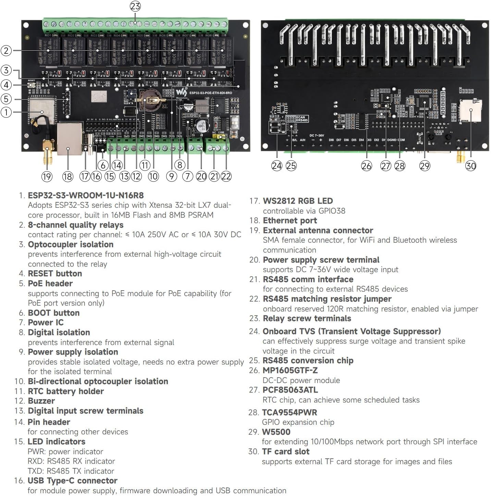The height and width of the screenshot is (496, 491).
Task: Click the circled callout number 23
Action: click(135, 6)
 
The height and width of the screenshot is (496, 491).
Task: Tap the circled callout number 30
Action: click(470, 166)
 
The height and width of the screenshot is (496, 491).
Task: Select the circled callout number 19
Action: click(47, 177)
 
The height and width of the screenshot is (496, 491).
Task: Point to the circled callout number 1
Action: click(6, 112)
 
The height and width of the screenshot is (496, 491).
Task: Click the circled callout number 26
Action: click(366, 166)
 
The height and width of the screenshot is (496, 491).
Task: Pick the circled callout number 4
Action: click(6, 85)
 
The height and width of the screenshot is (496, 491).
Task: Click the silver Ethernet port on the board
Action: click(70, 138)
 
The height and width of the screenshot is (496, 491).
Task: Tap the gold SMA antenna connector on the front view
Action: click(47, 151)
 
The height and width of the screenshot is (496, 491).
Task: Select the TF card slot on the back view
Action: click(470, 110)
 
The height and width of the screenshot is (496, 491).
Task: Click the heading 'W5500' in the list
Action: click(276, 432)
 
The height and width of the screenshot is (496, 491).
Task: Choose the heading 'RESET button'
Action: click(55, 274)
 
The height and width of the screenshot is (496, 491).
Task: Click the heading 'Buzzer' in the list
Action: click(41, 401)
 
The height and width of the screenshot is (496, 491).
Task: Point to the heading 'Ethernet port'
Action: click(290, 220)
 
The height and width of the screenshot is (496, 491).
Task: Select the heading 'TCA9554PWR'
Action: click(290, 412)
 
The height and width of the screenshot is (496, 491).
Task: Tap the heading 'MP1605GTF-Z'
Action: click(290, 370)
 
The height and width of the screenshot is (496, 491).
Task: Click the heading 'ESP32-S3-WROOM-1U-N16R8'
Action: click(86, 195)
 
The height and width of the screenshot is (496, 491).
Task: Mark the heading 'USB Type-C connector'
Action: click(72, 481)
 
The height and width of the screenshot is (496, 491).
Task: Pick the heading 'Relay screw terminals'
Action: click(307, 318)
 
